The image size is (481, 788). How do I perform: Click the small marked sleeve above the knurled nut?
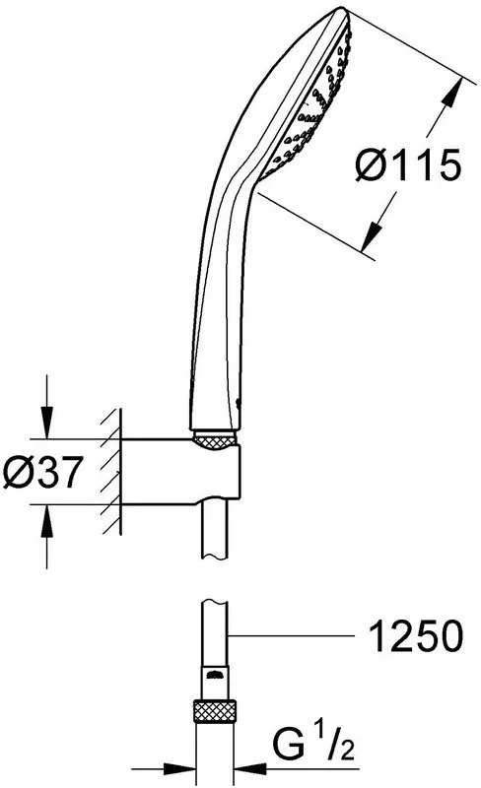[x=217, y=679]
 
